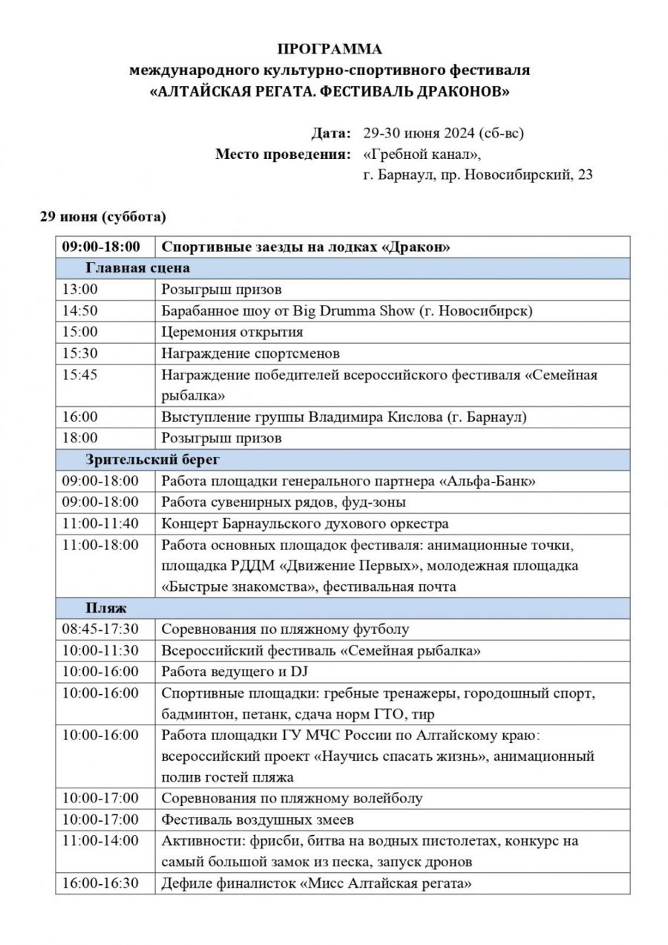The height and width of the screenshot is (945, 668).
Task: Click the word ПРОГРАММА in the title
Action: click(330, 50)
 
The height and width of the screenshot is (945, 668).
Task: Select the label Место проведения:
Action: click(283, 154)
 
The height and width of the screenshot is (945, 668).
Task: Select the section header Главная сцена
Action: click(138, 268)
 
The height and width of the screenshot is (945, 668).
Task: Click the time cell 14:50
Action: click(80, 310)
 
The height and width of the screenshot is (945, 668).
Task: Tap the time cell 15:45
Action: click(80, 374)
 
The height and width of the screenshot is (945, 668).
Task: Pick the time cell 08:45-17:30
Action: click(100, 629)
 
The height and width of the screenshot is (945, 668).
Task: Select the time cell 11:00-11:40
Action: click(100, 523)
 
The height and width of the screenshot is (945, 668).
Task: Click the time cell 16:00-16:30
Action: click(100, 883)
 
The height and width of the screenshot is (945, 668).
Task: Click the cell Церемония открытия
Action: click(232, 332)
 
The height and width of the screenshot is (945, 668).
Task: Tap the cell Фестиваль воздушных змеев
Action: click(258, 820)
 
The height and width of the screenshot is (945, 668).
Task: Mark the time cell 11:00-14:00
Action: click(100, 841)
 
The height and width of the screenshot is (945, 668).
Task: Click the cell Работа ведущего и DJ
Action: click(235, 671)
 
